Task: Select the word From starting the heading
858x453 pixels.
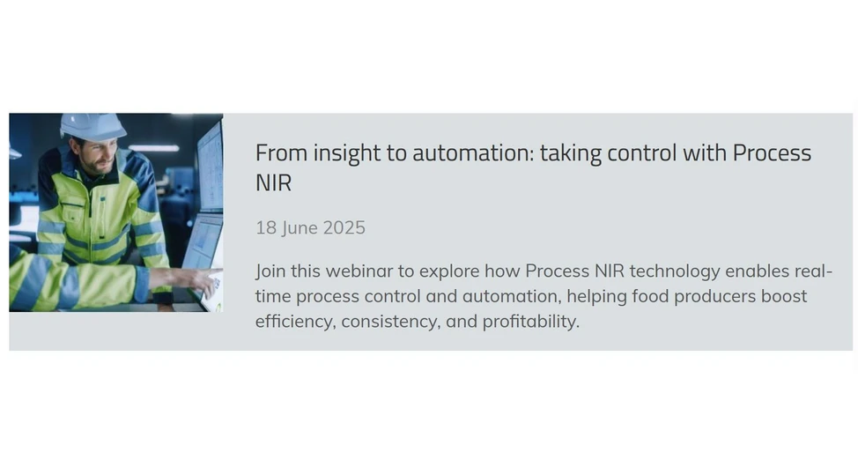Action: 278,153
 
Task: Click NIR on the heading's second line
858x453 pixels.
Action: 273,183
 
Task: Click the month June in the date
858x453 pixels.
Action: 300,228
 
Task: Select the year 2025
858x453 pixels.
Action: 344,228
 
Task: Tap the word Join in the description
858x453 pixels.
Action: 272,271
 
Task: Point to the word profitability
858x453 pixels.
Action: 530,322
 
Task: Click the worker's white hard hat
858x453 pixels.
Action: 92,126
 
